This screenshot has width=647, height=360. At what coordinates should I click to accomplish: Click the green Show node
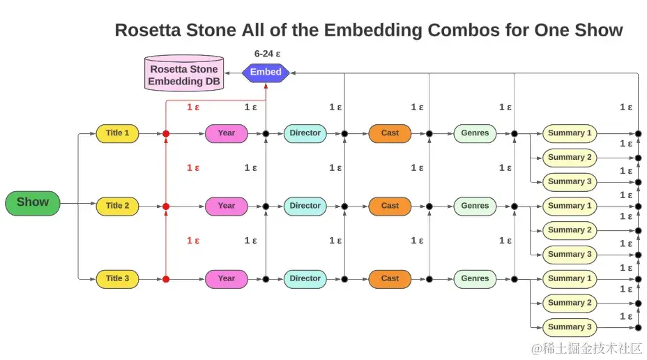33,203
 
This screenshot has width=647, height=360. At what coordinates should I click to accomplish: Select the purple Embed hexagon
266,72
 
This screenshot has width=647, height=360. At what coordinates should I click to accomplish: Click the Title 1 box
117,133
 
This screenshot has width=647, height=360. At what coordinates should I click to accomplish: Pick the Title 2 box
117,206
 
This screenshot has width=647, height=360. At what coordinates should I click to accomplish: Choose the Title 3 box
117,278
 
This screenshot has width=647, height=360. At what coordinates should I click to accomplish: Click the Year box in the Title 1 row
226,133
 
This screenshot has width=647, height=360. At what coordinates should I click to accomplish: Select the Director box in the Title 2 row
305,206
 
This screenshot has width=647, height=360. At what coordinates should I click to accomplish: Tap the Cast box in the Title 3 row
390,278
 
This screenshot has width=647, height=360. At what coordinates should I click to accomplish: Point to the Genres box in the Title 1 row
475,133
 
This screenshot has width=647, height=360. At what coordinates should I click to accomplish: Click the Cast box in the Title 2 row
390,206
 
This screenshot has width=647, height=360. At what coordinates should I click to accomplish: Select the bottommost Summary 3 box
570,327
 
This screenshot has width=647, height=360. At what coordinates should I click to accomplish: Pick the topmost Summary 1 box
570,133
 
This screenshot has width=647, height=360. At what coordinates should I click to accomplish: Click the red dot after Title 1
166,133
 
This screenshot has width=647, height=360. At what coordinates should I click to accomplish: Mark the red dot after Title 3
166,279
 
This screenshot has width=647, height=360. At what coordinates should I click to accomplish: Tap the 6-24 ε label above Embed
267,54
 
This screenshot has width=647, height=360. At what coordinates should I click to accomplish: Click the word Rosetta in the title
147,31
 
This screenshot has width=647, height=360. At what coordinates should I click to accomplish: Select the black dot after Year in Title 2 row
266,207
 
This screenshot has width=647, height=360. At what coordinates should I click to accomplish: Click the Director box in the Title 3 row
305,278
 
